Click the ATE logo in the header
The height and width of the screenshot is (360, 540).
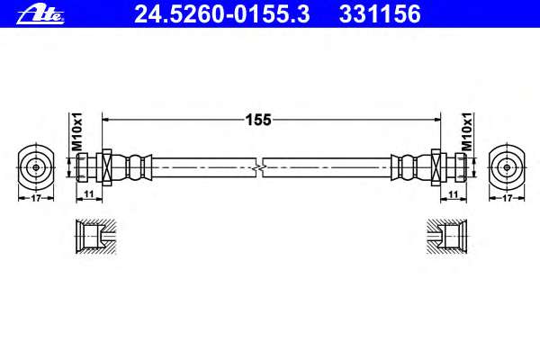40,15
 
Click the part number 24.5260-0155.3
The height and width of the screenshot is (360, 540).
222,14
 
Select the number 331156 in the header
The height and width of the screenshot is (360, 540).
380,14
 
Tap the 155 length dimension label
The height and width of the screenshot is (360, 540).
258,120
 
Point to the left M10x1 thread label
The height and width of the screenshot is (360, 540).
77,131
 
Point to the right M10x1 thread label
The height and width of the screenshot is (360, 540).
467,131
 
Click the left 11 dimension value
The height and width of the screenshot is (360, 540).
89,194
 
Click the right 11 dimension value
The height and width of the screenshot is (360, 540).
454,194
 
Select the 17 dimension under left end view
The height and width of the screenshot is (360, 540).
36,198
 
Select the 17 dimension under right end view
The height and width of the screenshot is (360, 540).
507,198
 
